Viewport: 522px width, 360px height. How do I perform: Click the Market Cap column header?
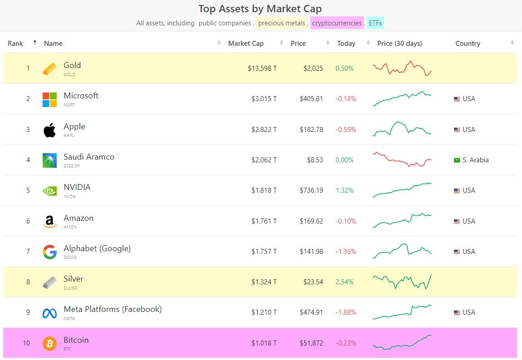point(245,44)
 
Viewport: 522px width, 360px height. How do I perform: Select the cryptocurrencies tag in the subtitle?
point(337,23)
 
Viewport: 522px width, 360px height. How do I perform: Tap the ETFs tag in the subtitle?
point(376,23)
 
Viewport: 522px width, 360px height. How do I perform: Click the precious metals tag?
point(282,23)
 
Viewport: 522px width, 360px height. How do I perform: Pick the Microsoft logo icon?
point(49,99)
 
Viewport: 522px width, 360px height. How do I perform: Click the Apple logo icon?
point(49,130)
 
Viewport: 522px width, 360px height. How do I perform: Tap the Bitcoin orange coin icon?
point(49,343)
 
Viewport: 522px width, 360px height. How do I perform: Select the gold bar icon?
point(49,68)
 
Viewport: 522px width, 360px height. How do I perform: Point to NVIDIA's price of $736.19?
point(311,190)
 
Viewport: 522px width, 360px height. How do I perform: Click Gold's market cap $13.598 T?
point(262,68)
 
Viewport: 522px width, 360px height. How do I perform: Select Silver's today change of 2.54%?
point(344,282)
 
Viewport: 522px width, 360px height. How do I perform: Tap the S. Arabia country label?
point(475,160)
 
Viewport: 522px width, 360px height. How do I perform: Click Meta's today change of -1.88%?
point(346,312)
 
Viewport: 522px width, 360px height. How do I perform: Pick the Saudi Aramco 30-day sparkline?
point(402,160)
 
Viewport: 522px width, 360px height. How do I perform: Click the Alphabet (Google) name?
point(97,248)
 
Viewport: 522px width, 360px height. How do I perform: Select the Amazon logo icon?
point(49,221)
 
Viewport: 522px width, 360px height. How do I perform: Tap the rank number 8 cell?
point(28,282)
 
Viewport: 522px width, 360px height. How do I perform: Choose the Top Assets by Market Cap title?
point(260,9)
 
